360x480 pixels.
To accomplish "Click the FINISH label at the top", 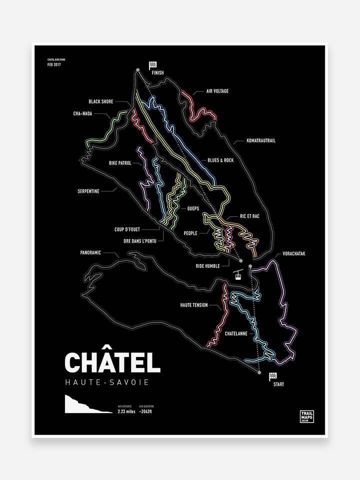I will [157, 72].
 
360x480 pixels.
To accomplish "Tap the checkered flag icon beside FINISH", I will [152, 65].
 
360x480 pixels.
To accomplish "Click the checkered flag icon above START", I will [273, 376].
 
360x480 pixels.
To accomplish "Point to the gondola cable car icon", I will [239, 275].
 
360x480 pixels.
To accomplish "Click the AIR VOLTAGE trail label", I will [217, 91].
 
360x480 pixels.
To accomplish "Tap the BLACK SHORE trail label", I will [101, 101].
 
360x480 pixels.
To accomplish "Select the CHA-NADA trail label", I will [82, 113].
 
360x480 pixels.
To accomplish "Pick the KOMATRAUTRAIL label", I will [260, 140].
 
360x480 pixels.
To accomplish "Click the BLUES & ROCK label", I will [220, 160].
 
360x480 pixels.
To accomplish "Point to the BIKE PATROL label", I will [120, 163].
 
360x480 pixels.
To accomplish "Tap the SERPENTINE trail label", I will [88, 190].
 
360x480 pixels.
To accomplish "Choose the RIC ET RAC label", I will [249, 216].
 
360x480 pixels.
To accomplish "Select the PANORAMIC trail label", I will [90, 252].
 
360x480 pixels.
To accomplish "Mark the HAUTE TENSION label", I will [193, 304].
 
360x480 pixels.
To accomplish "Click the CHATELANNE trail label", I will [236, 333].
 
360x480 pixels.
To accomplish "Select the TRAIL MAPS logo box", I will [306, 416].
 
